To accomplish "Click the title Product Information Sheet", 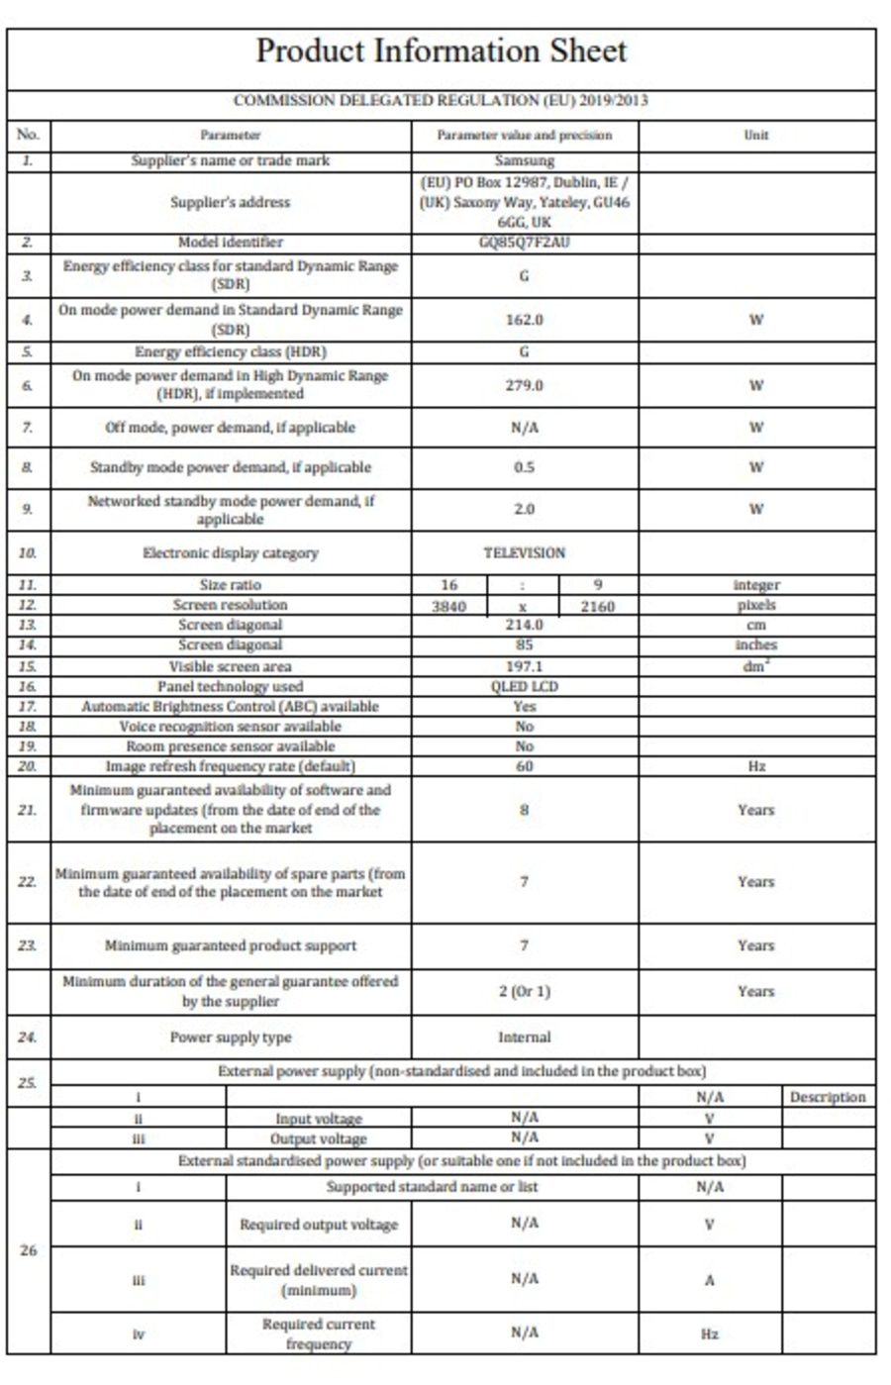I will coord(442,50).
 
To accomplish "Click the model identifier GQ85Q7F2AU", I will coord(524,243).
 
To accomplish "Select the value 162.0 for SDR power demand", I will coord(524,320).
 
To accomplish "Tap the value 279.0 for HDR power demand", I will coord(524,385).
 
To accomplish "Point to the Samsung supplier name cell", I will coord(524,160).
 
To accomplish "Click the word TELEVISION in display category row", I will coord(524,553).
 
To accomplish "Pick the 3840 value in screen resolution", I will coord(448,606).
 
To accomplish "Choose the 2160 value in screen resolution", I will coord(597,606).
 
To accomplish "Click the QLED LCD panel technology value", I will coord(524,686).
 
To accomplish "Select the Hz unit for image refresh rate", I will coord(756,766).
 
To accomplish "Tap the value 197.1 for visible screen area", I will coord(524,666).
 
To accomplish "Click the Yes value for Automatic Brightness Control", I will coord(524,706).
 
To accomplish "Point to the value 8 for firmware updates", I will coord(524,809).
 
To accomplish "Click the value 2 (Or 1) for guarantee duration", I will coord(524,991).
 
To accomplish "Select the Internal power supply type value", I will coord(524,1038).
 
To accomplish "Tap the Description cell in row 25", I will coord(828,1097).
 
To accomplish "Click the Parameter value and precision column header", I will coord(524,135).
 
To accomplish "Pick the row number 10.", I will coord(28,553).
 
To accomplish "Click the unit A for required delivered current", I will coord(709,1280).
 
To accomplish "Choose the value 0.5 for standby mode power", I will coord(524,467).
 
